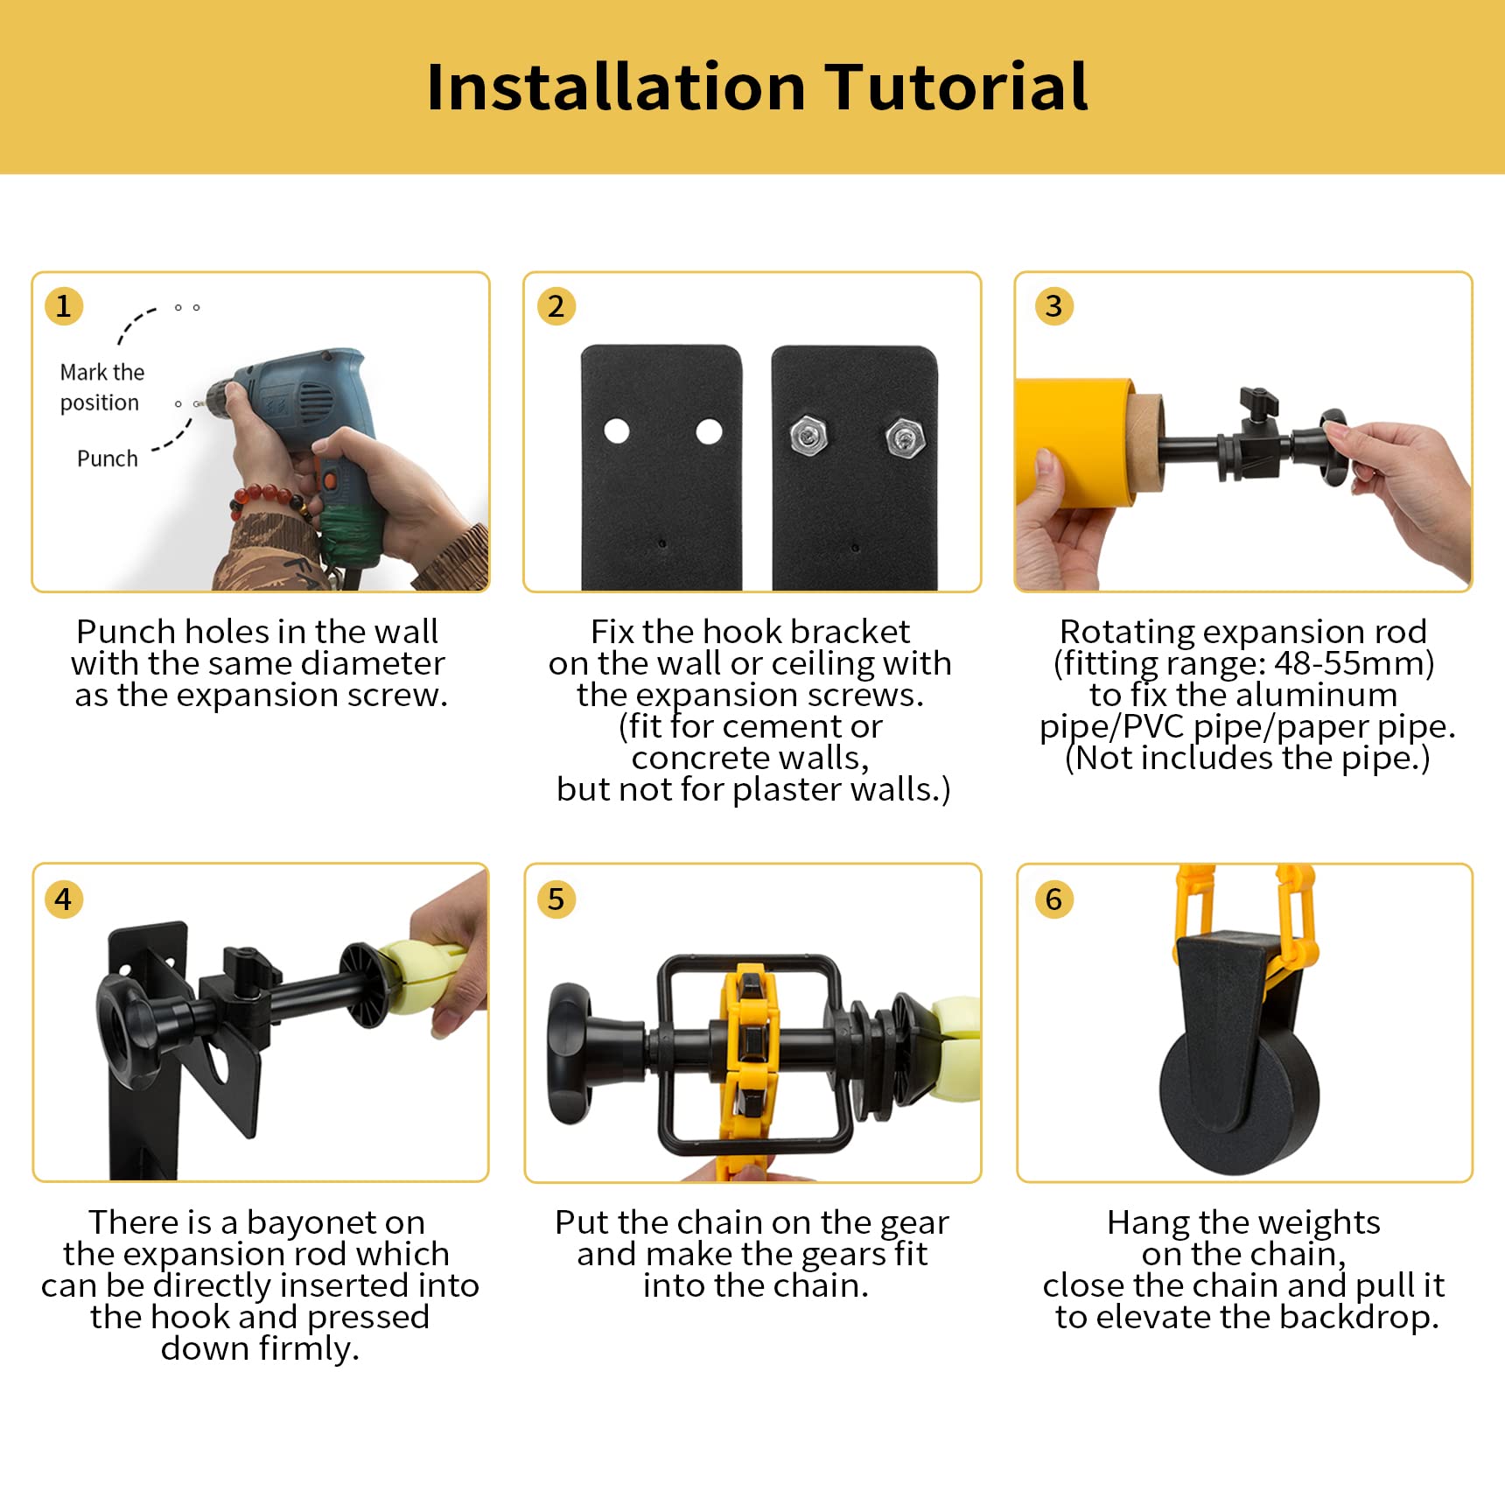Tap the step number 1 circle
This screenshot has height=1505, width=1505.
63,306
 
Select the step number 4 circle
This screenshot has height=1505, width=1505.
63,899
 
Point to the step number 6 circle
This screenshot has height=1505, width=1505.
1053,899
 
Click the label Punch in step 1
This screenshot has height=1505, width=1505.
107,458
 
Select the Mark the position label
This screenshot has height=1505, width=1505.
101,387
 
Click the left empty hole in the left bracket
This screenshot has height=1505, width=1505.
617,430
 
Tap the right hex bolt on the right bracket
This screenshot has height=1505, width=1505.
904,437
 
